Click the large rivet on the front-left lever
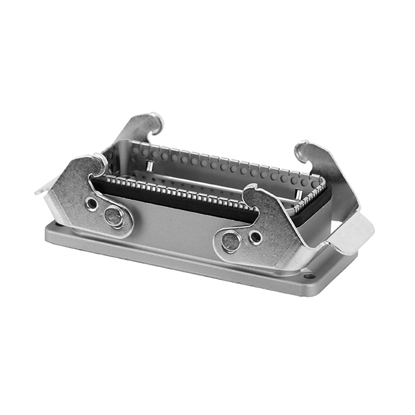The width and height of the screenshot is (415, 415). pos(114,217)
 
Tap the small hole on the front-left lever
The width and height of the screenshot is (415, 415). pos(92,204)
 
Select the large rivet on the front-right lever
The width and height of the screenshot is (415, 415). pos(231,242)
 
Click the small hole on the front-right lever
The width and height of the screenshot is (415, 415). pos(255,237)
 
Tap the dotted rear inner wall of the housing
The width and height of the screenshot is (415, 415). pos(214,165)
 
